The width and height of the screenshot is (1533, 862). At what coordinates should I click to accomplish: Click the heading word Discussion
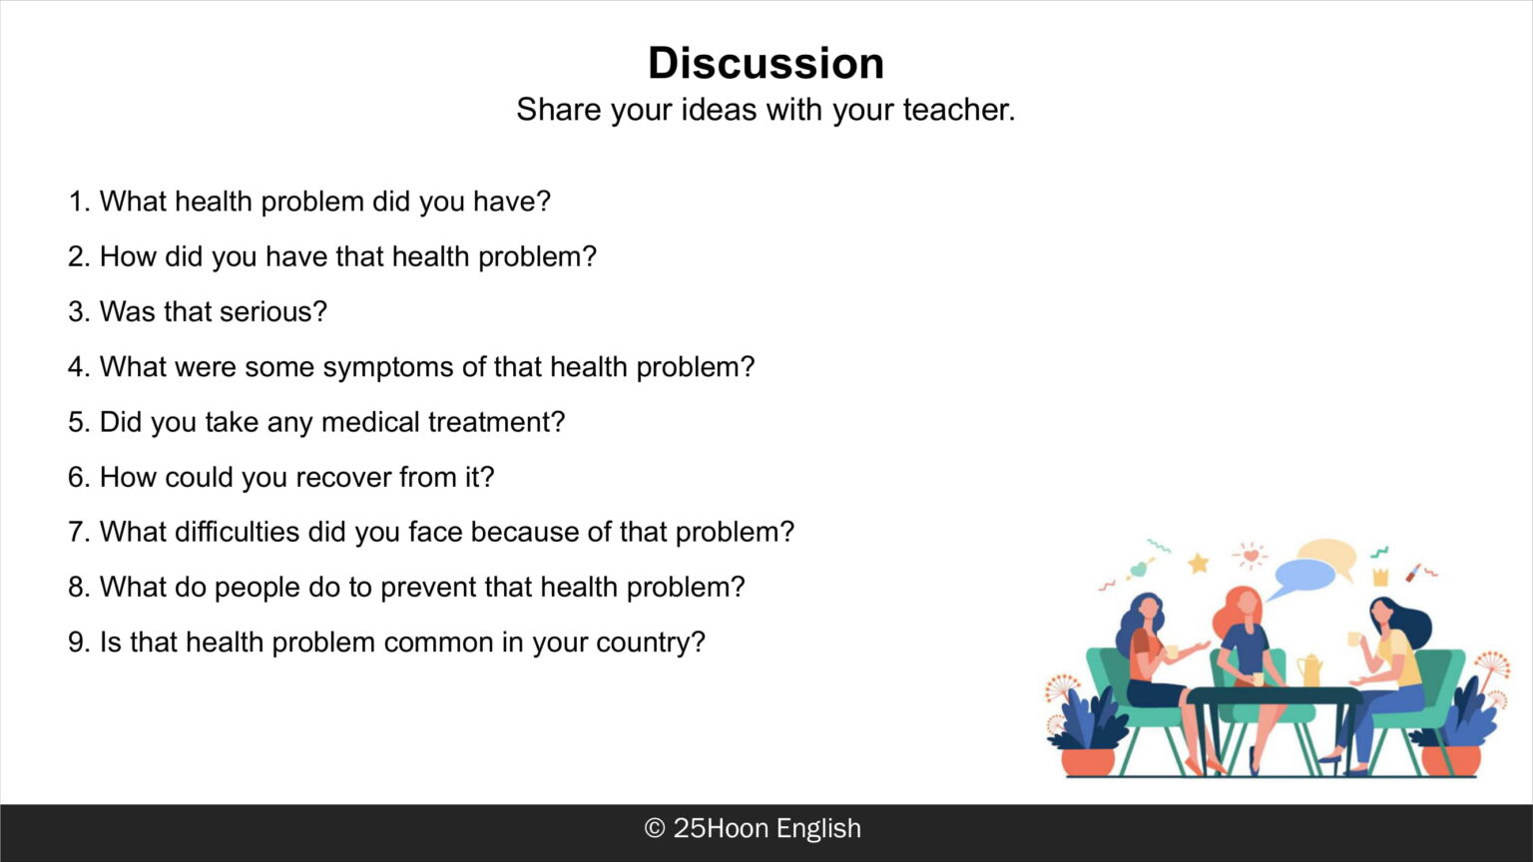(x=766, y=63)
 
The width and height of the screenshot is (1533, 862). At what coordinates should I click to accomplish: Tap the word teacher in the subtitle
(x=959, y=110)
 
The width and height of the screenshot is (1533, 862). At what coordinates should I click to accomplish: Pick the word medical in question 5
(x=370, y=422)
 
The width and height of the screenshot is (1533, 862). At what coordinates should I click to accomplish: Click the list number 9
(x=76, y=643)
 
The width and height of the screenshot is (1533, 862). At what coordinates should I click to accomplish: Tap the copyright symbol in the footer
(x=655, y=828)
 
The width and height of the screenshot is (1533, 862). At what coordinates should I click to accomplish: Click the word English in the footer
(x=818, y=829)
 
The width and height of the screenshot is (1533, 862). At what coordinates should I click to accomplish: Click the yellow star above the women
(x=1198, y=563)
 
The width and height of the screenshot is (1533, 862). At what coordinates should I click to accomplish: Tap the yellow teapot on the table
(x=1308, y=669)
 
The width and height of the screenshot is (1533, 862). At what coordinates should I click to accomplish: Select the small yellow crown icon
(x=1381, y=577)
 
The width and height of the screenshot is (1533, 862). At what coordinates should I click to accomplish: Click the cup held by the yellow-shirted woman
(x=1353, y=639)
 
